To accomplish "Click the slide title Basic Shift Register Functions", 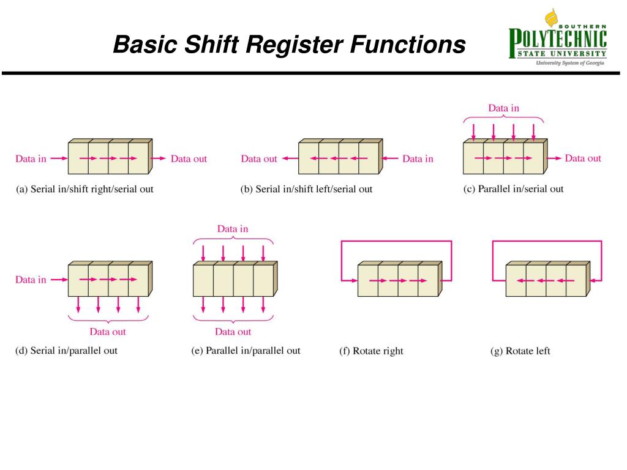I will click(x=289, y=45).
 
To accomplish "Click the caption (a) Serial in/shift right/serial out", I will click(x=84, y=189).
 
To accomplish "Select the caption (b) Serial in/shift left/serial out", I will click(x=306, y=189).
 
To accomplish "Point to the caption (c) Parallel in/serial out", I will click(x=513, y=188).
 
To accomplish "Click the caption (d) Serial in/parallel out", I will click(x=66, y=351).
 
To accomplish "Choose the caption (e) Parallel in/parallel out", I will click(x=246, y=351).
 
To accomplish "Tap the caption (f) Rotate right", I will click(x=371, y=351).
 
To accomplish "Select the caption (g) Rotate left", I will click(x=520, y=351).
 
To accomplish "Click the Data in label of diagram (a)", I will click(x=31, y=159).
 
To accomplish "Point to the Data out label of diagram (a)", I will click(x=189, y=159).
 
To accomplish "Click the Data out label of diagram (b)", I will click(x=259, y=159).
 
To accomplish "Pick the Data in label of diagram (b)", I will click(x=418, y=159).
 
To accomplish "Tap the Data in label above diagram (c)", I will click(x=503, y=108).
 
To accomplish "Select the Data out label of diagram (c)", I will click(x=583, y=159).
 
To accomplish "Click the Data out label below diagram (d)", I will click(x=108, y=332).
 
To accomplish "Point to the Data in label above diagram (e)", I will click(x=233, y=229).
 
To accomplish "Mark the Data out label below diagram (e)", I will click(x=233, y=332).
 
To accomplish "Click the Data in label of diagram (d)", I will click(x=31, y=280).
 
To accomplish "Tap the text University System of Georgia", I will click(x=570, y=63).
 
